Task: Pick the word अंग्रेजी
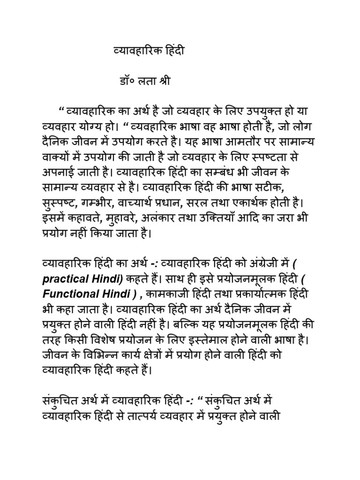pyautogui.click(x=246, y=265)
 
